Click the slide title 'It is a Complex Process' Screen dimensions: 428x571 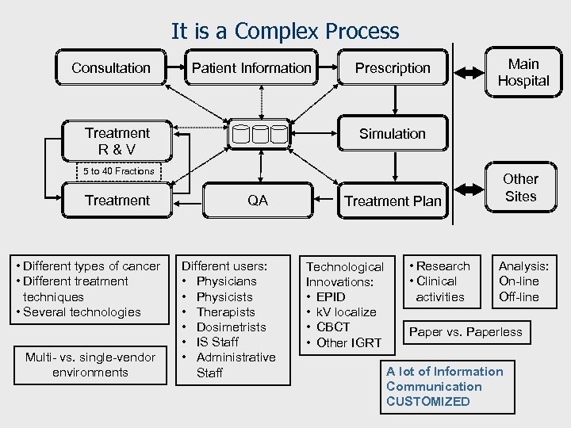tap(285, 32)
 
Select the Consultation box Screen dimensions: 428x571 tap(111, 68)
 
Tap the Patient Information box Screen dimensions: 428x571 tap(251, 68)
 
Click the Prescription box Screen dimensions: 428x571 tap(393, 68)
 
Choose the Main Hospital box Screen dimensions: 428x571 tap(523, 72)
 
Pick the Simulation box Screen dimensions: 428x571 tap(393, 134)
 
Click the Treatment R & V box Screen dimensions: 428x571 tap(117, 140)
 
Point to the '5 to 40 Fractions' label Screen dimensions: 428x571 tap(119, 171)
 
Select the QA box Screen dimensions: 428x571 tap(258, 201)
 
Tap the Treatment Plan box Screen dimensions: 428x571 tap(393, 201)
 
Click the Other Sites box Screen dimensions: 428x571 tap(520, 188)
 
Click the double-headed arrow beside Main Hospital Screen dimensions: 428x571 tap(468, 73)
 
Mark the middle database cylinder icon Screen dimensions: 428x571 tap(259, 135)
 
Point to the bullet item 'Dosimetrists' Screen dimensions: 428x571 tap(231, 327)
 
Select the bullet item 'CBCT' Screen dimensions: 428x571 tap(333, 327)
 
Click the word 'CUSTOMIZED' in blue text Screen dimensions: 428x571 tap(427, 401)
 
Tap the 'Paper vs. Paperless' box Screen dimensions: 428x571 tap(466, 332)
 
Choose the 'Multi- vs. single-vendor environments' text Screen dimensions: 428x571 tap(90, 365)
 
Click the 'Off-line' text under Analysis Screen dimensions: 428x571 tap(519, 296)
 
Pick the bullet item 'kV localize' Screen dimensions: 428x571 tap(346, 311)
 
